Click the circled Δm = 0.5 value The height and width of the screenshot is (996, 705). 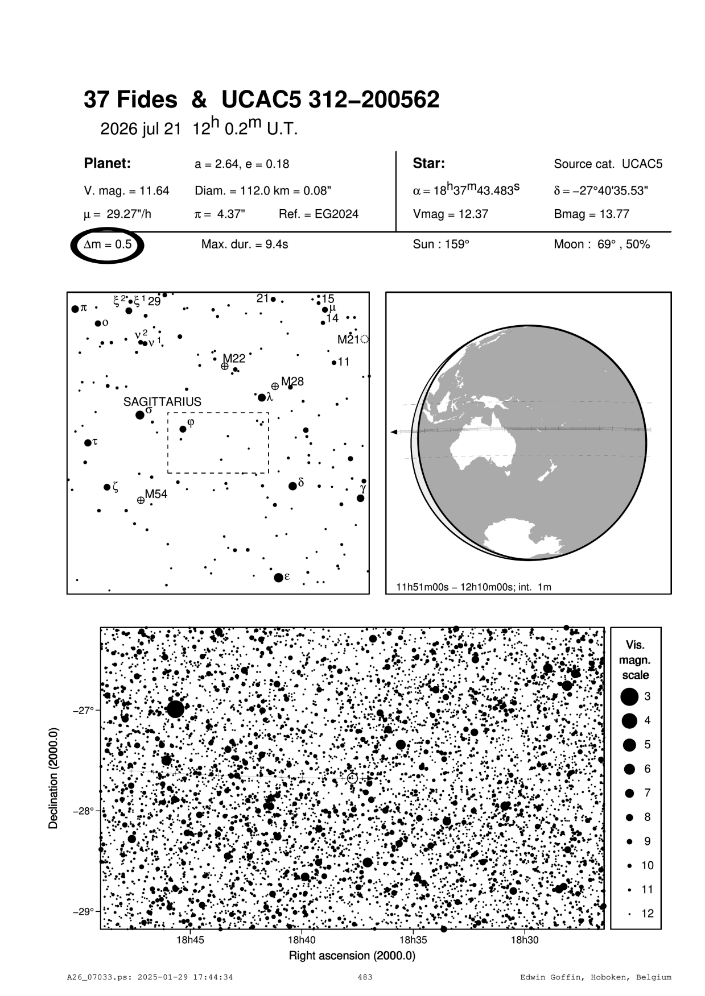click(108, 245)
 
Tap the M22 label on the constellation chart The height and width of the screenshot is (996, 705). click(234, 358)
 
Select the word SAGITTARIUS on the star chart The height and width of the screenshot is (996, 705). click(162, 401)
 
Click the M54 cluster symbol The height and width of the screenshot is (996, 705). click(141, 500)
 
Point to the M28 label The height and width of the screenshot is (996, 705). click(292, 381)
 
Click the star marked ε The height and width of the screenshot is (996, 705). click(278, 578)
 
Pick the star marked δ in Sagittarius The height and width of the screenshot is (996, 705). click(292, 486)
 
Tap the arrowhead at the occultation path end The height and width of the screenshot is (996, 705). click(394, 433)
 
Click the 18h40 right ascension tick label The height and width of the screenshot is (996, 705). click(302, 940)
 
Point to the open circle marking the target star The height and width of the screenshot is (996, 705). click(352, 778)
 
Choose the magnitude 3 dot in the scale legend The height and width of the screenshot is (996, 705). click(629, 696)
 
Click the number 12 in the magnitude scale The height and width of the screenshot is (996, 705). click(648, 914)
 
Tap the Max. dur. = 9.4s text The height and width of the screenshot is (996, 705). click(245, 244)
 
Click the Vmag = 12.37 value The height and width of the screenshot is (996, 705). click(451, 214)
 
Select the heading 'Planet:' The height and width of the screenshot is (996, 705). click(108, 164)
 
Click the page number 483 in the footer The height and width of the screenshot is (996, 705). click(365, 977)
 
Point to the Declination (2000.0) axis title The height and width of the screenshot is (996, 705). click(54, 779)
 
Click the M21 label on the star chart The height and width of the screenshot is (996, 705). click(349, 339)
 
